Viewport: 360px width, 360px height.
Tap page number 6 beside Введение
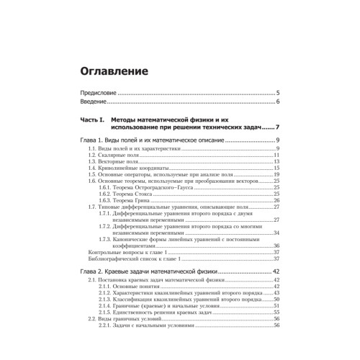coord(277,102)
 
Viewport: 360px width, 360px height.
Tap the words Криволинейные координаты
coord(125,168)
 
